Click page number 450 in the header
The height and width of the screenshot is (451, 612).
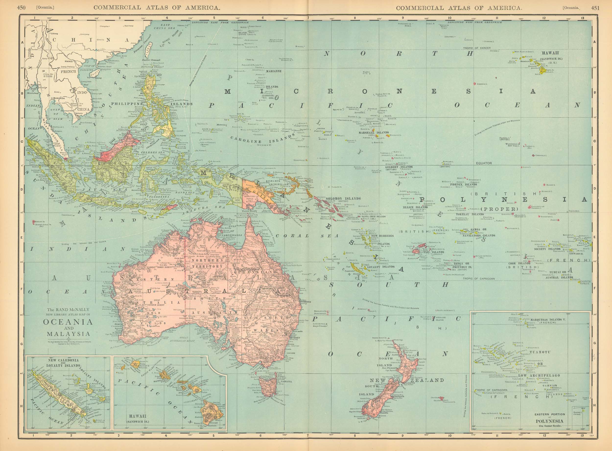[x=21, y=8]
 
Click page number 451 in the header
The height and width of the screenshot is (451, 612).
[x=595, y=8]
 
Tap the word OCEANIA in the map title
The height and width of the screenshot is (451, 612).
[x=68, y=322]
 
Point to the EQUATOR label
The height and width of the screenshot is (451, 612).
[x=484, y=163]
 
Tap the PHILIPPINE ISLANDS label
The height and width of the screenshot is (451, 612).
[x=152, y=104]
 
